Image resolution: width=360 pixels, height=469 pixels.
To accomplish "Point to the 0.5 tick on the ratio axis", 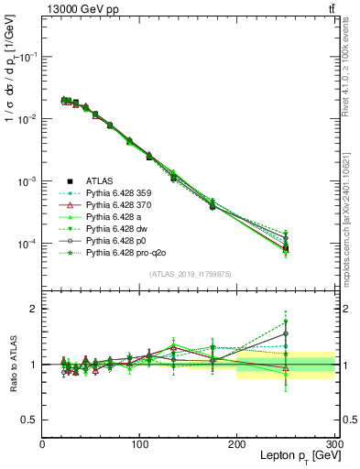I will [29, 420].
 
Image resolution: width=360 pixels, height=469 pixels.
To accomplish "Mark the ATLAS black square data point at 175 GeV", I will [213, 206].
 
